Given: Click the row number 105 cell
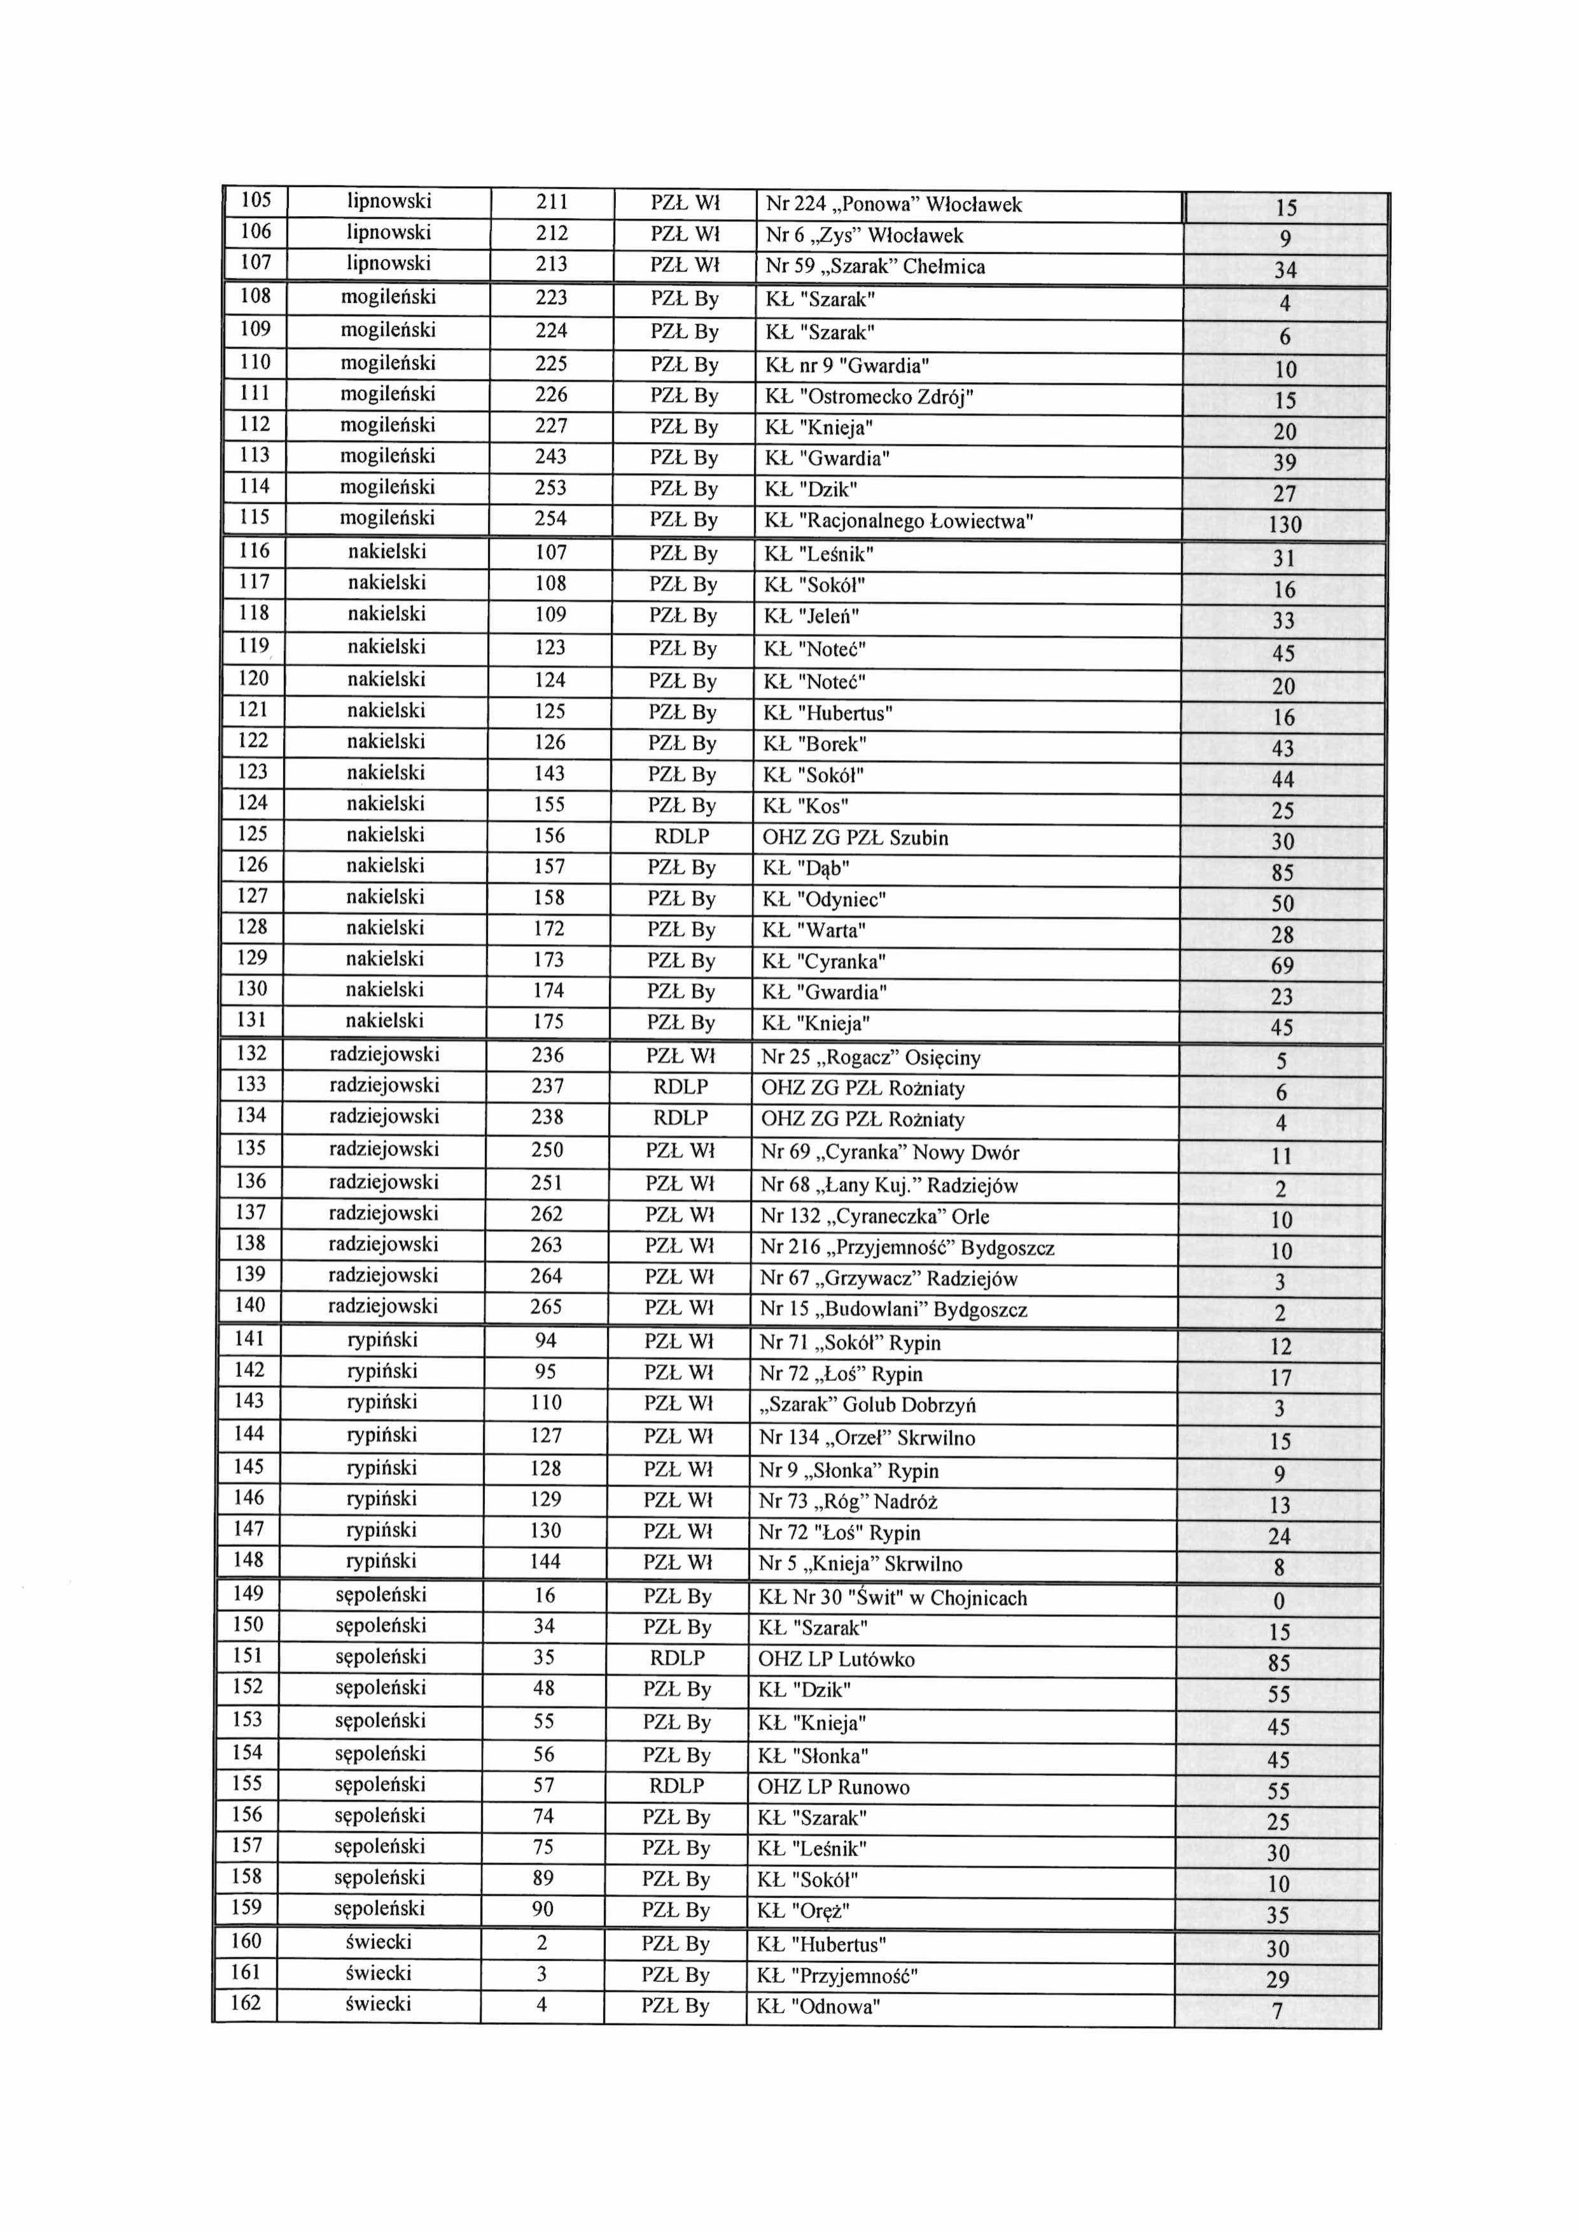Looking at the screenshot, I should (x=256, y=201).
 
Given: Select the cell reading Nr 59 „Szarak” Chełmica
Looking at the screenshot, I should (x=875, y=267).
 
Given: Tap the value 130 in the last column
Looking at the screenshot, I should (x=1285, y=525).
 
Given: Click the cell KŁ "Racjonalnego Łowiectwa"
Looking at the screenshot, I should (x=898, y=522).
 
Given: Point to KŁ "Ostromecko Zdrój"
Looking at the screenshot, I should (x=869, y=398).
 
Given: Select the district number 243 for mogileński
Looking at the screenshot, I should (x=550, y=457).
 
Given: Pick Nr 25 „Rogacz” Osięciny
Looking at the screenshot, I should (x=870, y=1057).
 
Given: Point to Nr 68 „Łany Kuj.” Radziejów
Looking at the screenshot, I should (x=890, y=1186).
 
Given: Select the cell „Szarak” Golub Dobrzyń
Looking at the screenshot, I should (x=867, y=1405).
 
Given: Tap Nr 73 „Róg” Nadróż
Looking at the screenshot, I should (x=848, y=1503).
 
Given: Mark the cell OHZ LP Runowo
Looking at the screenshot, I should (x=834, y=1788).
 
